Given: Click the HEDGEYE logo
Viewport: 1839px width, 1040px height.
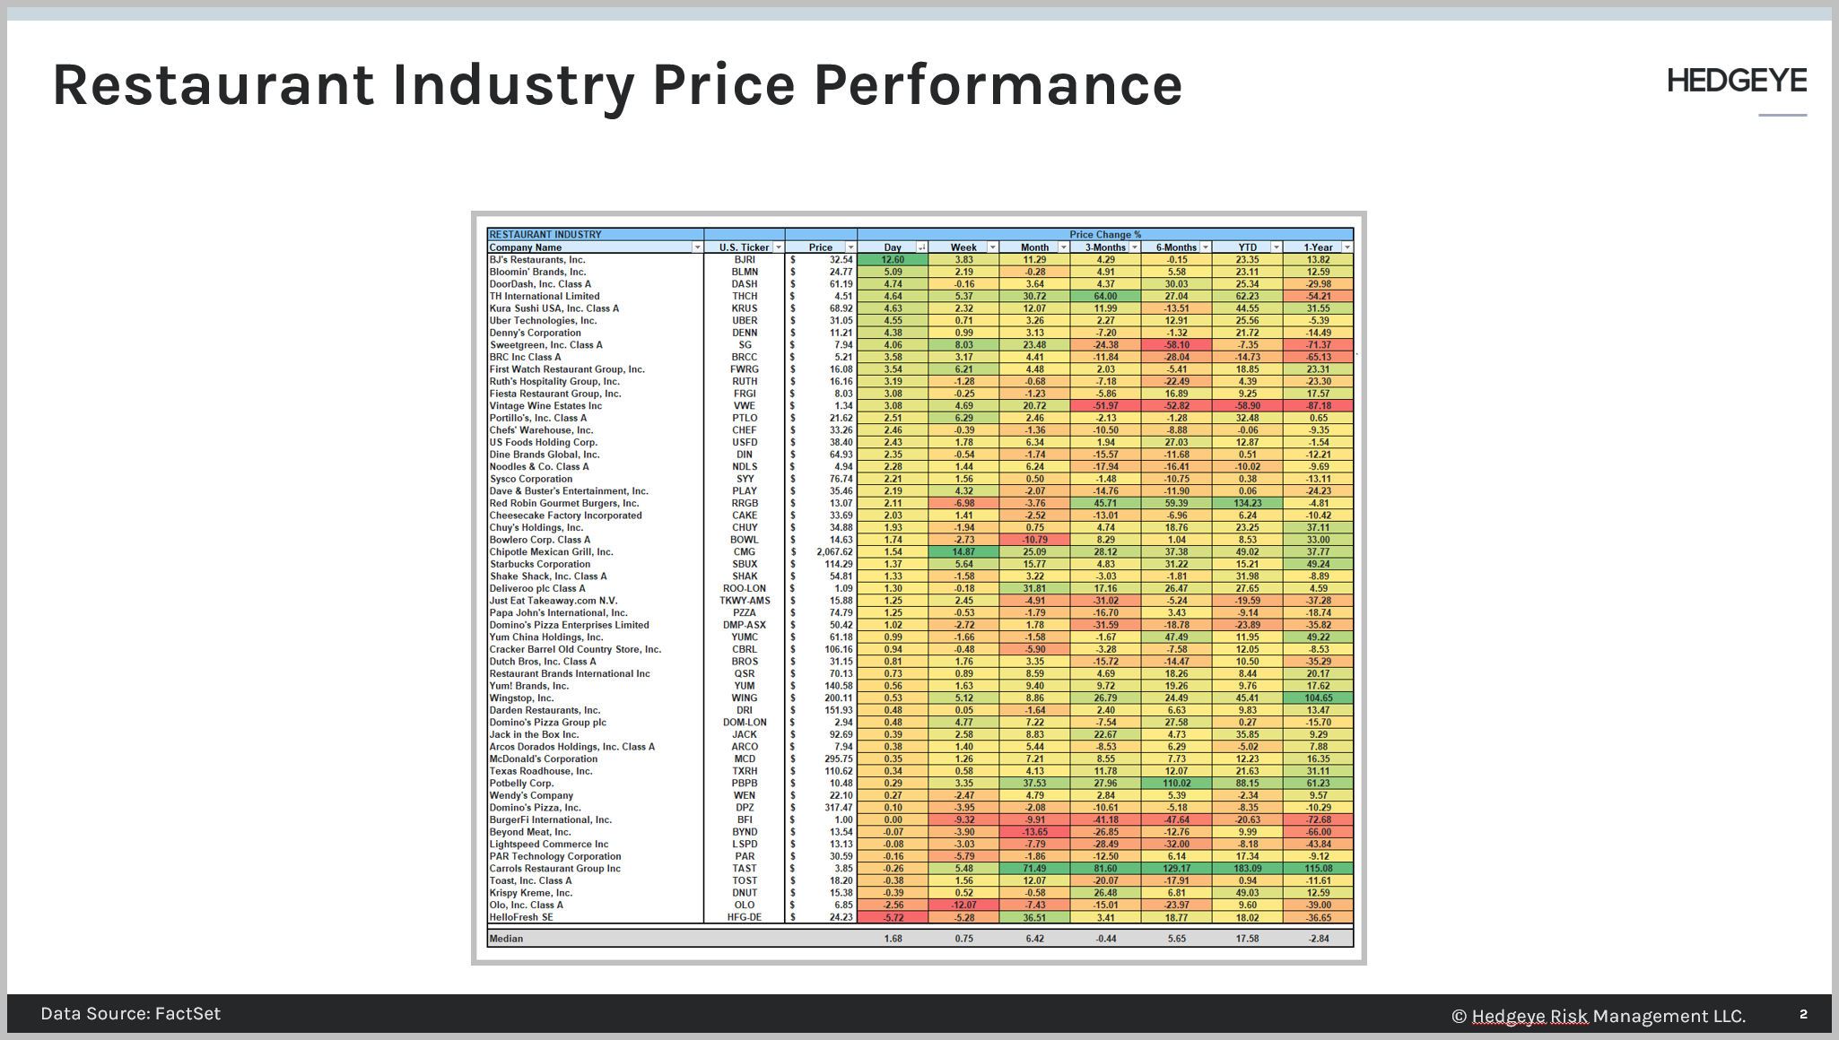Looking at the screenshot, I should point(1736,82).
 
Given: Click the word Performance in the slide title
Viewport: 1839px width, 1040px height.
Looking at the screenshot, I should point(998,85).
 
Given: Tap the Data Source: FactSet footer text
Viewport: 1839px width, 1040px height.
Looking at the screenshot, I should point(130,1014).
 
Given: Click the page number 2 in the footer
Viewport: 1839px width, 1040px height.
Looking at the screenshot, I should point(1803,1014).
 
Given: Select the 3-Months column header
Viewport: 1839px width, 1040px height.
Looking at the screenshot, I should point(1104,247).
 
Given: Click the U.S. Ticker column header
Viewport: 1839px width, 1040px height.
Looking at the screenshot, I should point(744,247).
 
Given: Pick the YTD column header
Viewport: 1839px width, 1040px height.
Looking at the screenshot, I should point(1247,247).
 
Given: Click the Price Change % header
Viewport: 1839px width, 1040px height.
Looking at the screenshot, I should point(1104,235).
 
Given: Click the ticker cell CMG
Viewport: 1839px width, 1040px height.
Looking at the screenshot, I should point(744,552).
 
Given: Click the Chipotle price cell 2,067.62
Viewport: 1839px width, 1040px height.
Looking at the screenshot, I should point(833,552).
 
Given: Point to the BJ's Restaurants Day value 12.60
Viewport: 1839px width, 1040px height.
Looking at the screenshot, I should point(893,260).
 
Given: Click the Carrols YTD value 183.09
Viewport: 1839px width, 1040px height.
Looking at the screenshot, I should point(1247,869).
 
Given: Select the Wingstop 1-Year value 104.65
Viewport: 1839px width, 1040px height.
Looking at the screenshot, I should point(1318,698).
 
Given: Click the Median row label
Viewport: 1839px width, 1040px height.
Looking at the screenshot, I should point(506,939).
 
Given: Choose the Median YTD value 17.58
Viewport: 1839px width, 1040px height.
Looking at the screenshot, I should point(1247,939).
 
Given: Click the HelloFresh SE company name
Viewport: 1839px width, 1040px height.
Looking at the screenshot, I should point(520,917).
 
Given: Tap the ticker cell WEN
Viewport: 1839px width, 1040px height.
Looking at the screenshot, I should point(744,795).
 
